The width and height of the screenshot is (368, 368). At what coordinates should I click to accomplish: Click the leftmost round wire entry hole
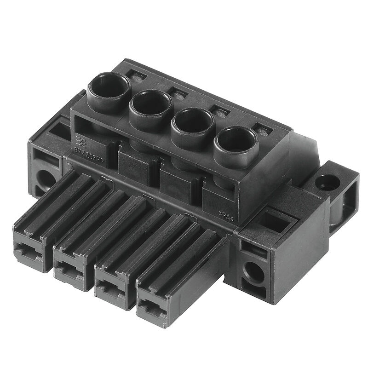[107, 86]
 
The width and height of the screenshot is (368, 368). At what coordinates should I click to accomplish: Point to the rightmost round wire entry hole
[235, 142]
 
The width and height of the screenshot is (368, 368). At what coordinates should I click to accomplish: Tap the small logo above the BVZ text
[80, 138]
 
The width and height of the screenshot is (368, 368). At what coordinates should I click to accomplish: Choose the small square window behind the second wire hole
[178, 93]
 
